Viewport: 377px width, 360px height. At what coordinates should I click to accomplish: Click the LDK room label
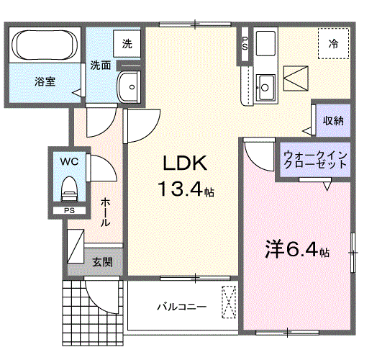point(183,163)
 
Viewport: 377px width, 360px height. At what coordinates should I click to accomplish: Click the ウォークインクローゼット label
point(315,159)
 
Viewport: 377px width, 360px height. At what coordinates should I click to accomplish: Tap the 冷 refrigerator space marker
point(334,43)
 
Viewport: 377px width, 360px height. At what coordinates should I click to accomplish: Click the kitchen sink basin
point(265,87)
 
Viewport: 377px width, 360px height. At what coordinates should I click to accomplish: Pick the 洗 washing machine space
point(127,43)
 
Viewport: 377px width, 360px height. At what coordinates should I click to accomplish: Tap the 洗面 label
point(100,66)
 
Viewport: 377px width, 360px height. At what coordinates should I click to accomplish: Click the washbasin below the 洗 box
point(130,87)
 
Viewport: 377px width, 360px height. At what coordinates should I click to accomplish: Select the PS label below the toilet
point(69,210)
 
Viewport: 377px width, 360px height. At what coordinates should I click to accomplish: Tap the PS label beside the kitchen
point(245,43)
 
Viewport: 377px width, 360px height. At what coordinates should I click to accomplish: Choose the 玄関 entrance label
point(101,262)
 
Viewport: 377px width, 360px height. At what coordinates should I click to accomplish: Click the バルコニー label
point(182,307)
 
